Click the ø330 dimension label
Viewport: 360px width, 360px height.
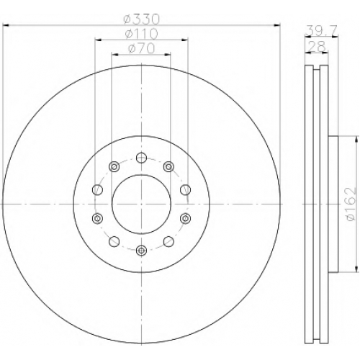[x=141, y=19]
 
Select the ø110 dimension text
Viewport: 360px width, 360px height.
[x=141, y=34]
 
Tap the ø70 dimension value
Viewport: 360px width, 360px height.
[x=141, y=49]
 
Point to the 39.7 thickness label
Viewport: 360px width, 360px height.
[x=322, y=30]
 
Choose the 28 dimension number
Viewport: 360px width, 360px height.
[x=317, y=46]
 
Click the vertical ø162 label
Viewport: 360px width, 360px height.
[x=350, y=204]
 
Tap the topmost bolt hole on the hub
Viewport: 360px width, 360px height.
[x=141, y=158]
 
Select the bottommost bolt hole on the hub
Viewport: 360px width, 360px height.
[x=141, y=251]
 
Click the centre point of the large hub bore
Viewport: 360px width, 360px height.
[x=141, y=204]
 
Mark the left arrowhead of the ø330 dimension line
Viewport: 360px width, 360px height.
[x=5, y=24]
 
